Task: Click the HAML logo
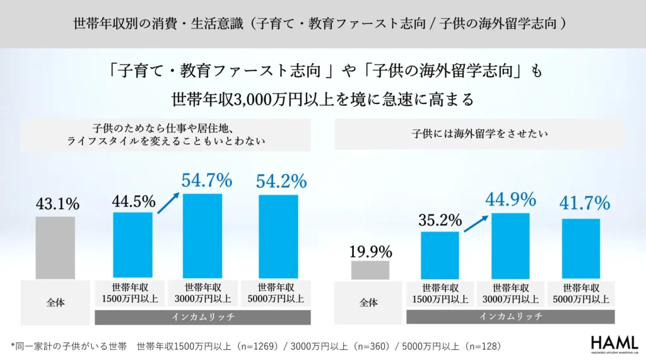(614, 344)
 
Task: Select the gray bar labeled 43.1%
(55, 248)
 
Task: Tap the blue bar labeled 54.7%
(203, 236)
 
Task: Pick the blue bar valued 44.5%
(132, 245)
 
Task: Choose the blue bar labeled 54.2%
(278, 236)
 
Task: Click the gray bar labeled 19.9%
(370, 270)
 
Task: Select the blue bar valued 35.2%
(440, 255)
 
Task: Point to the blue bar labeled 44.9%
(510, 246)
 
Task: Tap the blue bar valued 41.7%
(581, 248)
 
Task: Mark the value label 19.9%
(370, 252)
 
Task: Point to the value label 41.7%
(585, 203)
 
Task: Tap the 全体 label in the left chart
(56, 303)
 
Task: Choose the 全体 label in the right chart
(369, 303)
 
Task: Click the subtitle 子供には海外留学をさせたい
(480, 134)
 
